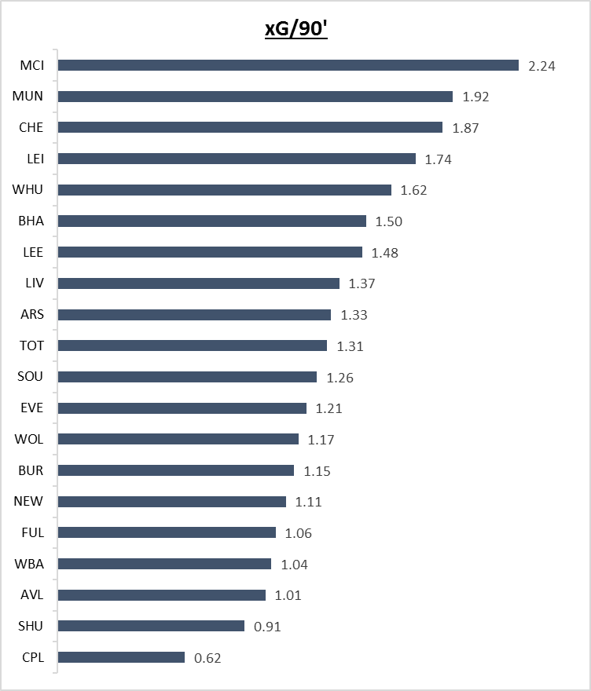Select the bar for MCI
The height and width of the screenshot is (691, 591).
point(288,65)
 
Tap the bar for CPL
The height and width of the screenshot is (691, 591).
point(121,657)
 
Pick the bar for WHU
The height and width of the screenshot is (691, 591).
point(225,190)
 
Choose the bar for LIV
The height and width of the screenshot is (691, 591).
point(199,283)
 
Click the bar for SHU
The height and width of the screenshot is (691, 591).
point(151,626)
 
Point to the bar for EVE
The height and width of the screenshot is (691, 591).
point(182,408)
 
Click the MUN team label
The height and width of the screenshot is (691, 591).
point(28,97)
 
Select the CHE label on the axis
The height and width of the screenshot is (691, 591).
point(31,127)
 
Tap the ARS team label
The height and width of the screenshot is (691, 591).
point(31,314)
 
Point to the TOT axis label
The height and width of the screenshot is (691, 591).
point(31,345)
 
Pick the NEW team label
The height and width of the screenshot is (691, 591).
point(28,501)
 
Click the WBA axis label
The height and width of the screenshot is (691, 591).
point(29,564)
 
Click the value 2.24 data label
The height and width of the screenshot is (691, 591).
point(542,66)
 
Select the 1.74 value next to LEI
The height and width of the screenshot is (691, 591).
point(439,159)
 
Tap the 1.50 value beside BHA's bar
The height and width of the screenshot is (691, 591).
point(389,221)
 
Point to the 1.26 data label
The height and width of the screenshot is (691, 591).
point(340,378)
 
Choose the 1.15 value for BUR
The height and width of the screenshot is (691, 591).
point(317,471)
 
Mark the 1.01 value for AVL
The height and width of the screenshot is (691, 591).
point(288,595)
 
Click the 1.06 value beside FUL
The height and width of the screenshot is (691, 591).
point(299,533)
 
